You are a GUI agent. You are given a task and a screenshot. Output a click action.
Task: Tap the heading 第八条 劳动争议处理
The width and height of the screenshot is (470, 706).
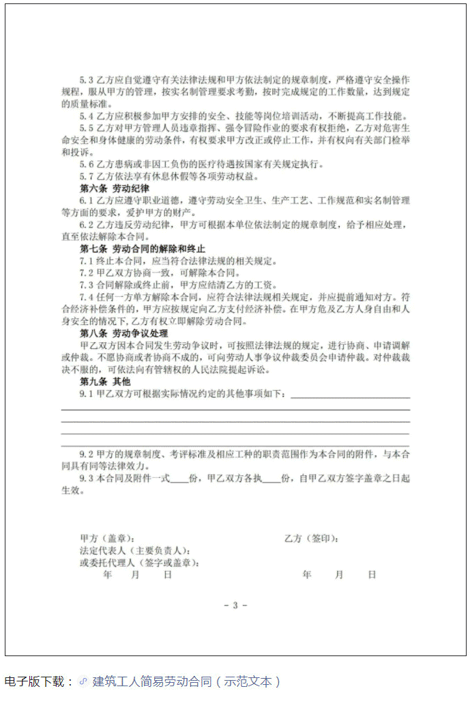click(x=123, y=334)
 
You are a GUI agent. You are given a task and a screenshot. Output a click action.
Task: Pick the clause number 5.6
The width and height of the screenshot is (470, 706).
click(x=87, y=164)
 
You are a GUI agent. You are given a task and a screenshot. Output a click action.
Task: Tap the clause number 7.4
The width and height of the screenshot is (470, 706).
click(x=87, y=298)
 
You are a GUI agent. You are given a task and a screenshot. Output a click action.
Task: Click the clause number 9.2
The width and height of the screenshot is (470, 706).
click(x=87, y=455)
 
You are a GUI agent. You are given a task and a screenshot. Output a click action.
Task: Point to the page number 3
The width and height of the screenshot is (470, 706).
click(x=235, y=606)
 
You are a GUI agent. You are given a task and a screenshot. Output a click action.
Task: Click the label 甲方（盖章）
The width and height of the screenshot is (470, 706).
click(x=107, y=539)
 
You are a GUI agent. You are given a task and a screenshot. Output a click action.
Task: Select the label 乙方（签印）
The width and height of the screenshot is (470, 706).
click(x=311, y=539)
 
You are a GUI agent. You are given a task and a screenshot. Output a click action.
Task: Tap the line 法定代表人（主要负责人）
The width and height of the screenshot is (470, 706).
click(x=134, y=551)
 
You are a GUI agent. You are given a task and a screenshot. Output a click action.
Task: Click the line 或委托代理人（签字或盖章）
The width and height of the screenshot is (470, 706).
click(x=140, y=563)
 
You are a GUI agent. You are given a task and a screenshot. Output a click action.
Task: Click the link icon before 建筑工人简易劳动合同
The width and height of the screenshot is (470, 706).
click(x=84, y=681)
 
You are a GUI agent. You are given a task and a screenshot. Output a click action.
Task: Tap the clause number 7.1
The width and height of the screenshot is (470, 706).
click(x=87, y=261)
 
